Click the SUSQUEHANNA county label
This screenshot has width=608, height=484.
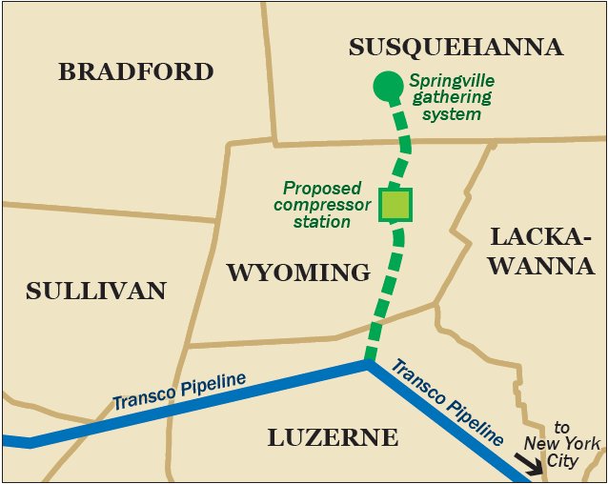click(x=456, y=48)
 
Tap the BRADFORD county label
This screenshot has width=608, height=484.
click(x=135, y=71)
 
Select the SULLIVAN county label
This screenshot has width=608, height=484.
click(x=96, y=291)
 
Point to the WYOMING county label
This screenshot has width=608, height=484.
click(x=298, y=272)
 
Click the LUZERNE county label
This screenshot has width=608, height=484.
click(x=332, y=437)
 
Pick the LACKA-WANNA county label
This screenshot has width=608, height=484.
click(x=541, y=252)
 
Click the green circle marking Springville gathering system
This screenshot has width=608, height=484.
click(x=386, y=87)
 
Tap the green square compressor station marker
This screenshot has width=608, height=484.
click(x=395, y=205)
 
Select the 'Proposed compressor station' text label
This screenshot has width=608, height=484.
click(x=316, y=205)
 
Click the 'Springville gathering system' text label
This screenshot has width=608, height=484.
click(x=451, y=98)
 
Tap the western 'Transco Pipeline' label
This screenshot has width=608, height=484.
click(x=179, y=392)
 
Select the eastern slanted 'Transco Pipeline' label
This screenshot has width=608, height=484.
click(x=447, y=402)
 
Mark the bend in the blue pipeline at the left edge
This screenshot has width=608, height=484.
click(x=30, y=442)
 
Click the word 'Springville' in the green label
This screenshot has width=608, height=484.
click(x=451, y=82)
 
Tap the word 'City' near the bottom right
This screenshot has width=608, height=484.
click(x=562, y=461)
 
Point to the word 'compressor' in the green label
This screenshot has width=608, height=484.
click(x=314, y=205)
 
